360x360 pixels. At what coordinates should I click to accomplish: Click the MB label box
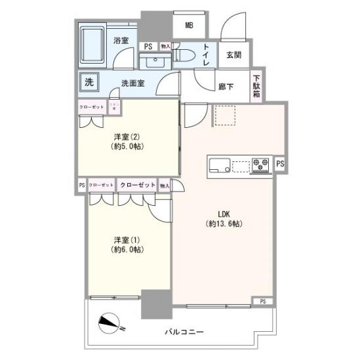point(189,26)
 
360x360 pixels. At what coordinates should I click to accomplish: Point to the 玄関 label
point(234,55)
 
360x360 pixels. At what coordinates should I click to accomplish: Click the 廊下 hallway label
point(226,86)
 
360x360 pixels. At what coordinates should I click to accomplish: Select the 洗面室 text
point(133,83)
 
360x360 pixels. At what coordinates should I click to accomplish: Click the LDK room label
point(223,218)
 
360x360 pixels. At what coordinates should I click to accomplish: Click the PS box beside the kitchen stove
point(281,164)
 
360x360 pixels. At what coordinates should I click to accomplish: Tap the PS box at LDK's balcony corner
point(263,301)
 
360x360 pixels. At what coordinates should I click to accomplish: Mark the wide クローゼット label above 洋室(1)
point(137,186)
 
